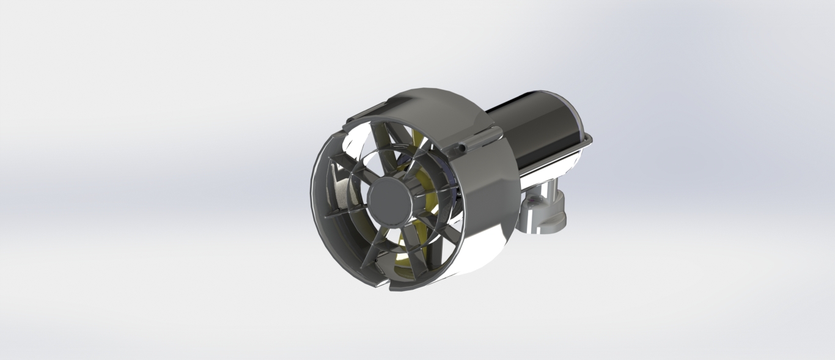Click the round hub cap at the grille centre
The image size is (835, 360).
(x=390, y=200)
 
